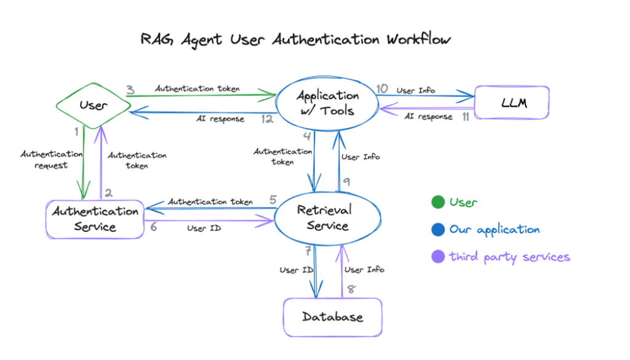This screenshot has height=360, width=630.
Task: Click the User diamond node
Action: (94, 105)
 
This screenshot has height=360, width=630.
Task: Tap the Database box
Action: (332, 318)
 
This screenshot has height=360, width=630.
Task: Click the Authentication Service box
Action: (95, 219)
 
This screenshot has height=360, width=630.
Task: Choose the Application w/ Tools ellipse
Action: (327, 103)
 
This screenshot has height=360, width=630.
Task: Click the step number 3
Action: (130, 90)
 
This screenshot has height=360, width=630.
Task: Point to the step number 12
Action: (266, 119)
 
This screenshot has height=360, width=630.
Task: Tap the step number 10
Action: (382, 89)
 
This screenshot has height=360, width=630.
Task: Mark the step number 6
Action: (153, 226)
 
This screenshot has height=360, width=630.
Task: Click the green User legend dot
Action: (437, 202)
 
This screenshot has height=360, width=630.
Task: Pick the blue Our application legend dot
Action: (437, 230)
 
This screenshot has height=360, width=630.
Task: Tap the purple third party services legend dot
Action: (437, 257)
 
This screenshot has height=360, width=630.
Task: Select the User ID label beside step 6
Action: (204, 228)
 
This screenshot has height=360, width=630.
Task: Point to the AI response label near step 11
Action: (428, 117)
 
